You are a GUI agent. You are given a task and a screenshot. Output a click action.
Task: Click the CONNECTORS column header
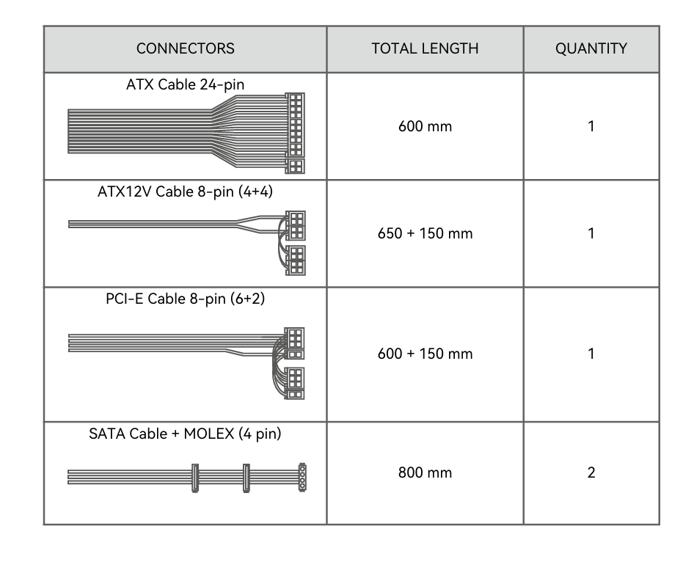185,49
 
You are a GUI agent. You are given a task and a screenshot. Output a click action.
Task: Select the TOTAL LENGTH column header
425,49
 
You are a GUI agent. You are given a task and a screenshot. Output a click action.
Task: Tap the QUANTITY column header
591,49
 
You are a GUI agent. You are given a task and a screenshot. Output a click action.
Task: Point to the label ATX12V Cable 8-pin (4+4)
185,192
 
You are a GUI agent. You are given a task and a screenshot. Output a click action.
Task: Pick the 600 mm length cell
425,126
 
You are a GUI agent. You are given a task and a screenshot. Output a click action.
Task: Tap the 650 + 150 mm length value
425,234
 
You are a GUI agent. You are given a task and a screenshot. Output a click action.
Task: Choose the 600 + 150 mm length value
425,354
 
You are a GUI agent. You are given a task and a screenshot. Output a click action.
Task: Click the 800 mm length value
425,472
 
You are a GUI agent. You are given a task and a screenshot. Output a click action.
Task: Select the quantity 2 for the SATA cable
591,472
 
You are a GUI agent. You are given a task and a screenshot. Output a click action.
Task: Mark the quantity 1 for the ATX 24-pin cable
591,126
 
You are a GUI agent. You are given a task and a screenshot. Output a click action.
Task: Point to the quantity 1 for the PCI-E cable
591,354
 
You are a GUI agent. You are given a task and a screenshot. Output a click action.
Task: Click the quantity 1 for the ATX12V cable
591,234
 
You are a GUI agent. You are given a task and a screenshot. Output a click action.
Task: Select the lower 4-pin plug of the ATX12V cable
296,260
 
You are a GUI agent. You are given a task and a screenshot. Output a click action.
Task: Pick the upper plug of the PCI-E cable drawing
295,339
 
